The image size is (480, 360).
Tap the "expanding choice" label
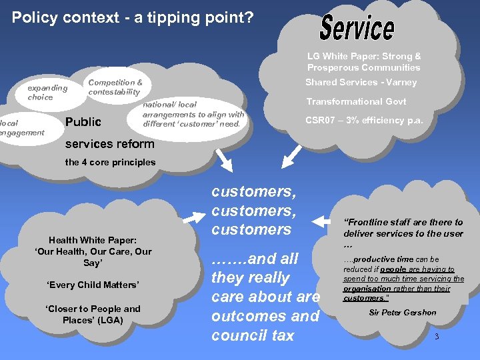47,92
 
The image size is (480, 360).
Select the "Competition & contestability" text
115,87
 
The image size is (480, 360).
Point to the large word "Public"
83,121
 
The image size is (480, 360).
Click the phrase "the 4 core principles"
110,162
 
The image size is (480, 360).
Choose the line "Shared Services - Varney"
361,82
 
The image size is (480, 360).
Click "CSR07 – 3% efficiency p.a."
364,121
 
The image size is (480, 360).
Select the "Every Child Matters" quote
93,285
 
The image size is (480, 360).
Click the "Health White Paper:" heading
93,240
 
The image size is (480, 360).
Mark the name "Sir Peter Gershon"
401,312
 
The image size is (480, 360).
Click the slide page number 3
437,337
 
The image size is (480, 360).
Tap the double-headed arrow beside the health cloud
193,215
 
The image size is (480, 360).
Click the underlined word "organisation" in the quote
367,289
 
